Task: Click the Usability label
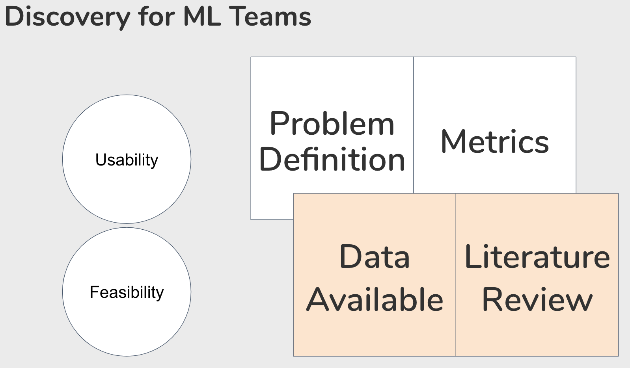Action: [127, 160]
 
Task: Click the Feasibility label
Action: [127, 292]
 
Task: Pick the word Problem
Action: [332, 124]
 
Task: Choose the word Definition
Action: [332, 160]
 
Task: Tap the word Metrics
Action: [495, 142]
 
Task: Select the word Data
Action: [375, 257]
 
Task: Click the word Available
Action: [375, 300]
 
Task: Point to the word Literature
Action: [537, 257]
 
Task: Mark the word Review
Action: [537, 300]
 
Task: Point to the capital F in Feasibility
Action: [94, 292]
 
